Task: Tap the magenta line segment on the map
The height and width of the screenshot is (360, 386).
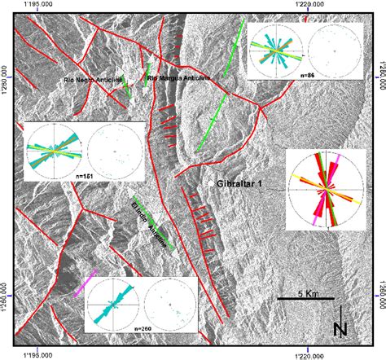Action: pos(86,283)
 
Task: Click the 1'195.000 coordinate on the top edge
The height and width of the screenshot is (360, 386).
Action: pos(38,6)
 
